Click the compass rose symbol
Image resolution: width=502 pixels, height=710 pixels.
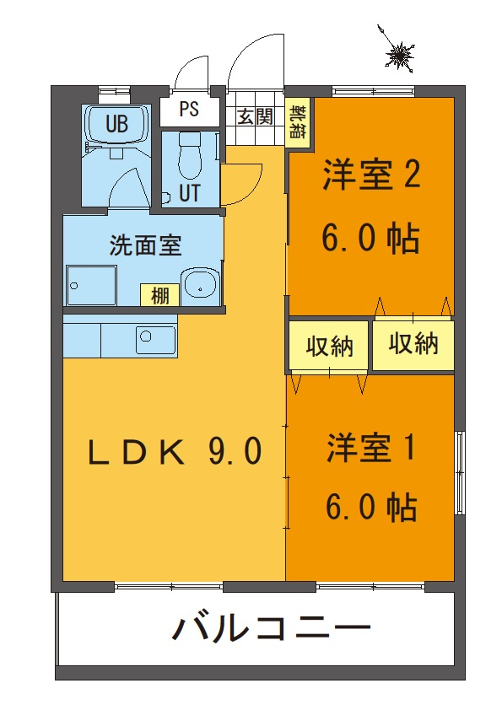coord(400,54)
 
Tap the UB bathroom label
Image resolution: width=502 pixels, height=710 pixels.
coord(117,124)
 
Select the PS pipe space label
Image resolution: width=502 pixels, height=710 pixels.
coord(189,109)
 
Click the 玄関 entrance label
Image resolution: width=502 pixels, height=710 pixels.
coord(255,116)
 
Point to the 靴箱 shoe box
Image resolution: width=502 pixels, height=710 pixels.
coord(299,121)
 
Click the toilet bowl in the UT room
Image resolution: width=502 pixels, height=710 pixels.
coord(188,156)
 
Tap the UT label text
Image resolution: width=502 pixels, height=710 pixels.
coord(189,193)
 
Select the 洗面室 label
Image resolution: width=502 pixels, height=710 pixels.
coord(145,245)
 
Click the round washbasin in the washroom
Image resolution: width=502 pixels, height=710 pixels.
coord(200,282)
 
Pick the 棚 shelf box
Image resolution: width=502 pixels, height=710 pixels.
coord(159,296)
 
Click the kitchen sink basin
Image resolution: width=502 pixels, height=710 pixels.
coord(155,340)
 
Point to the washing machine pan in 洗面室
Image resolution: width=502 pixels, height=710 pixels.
coord(91,286)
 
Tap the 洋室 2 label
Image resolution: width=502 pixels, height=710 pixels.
coord(371,175)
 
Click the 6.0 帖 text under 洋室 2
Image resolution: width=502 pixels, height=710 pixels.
coord(370,239)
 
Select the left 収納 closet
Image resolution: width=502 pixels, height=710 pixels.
coord(328,346)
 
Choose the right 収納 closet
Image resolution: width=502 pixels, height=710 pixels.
coord(413,344)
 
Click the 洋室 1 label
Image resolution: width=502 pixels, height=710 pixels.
coord(371,448)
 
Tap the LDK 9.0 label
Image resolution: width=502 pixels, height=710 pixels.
coord(175,451)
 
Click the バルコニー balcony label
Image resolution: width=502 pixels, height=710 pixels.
coord(271,627)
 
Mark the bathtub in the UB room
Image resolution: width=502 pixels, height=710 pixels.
coord(117,124)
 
